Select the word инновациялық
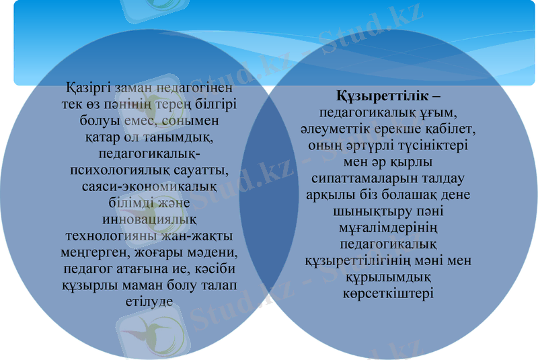pos(149,219)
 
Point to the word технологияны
pos(106,236)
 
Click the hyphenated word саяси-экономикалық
pos(149,186)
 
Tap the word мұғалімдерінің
pos(386,227)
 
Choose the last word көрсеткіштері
pos(387,293)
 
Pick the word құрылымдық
pos(386,277)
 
